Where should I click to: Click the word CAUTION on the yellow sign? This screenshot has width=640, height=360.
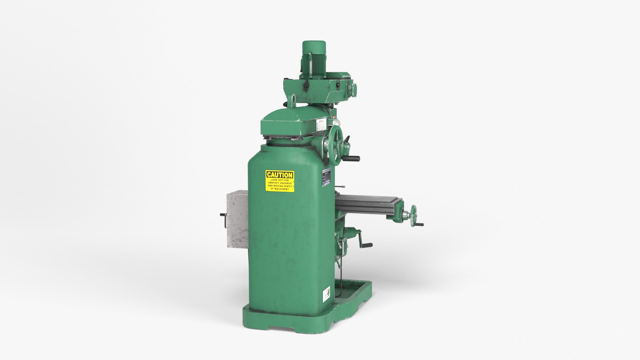point(280,175)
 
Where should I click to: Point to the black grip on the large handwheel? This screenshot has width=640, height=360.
point(353,158)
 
